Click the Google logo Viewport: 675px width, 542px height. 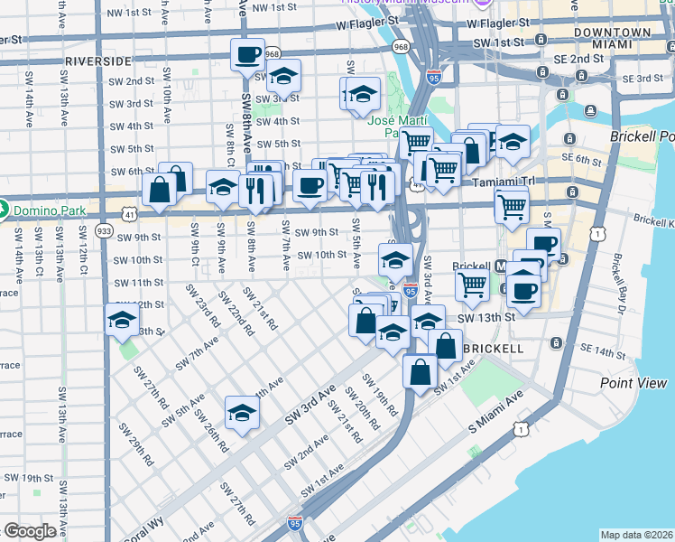(x=29, y=531)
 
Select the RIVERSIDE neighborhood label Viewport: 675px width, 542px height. (x=98, y=61)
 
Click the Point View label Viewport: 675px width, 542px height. (x=633, y=383)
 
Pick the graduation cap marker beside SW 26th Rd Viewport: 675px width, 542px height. (x=242, y=413)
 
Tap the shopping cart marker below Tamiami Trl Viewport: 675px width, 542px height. (x=512, y=206)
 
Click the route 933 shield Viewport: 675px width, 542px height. (x=104, y=231)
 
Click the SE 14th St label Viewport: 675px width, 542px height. (x=601, y=349)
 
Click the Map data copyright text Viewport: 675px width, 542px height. (x=637, y=535)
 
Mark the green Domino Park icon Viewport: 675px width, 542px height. (x=4, y=210)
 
